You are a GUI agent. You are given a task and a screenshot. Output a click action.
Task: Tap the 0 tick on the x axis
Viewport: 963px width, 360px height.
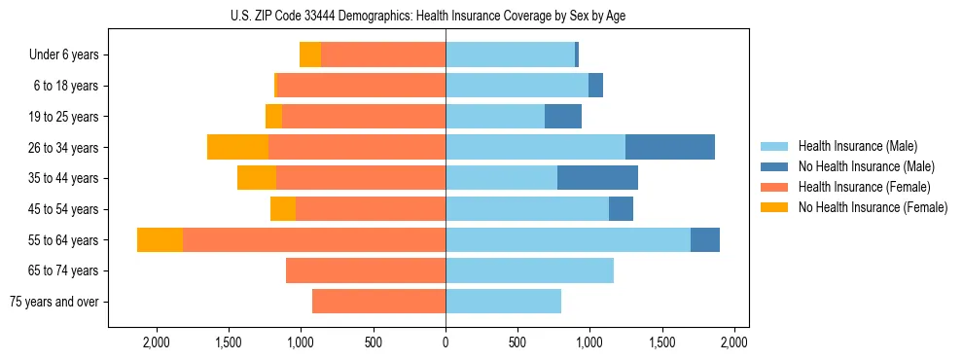tap(446, 342)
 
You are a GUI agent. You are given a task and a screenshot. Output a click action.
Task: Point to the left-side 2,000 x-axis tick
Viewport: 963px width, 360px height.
tap(157, 342)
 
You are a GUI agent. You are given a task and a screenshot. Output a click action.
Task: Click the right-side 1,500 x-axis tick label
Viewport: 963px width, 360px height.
tap(661, 342)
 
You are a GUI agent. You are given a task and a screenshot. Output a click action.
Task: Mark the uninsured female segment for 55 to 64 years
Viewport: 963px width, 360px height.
tap(160, 240)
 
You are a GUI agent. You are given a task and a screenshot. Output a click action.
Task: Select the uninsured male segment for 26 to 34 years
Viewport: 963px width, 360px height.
tap(670, 148)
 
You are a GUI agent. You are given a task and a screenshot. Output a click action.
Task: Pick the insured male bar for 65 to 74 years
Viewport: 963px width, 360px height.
tap(529, 270)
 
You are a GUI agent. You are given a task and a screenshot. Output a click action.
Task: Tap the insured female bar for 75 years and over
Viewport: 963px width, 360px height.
tap(378, 302)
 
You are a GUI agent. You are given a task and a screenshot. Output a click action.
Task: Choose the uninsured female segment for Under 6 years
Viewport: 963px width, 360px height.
tap(310, 55)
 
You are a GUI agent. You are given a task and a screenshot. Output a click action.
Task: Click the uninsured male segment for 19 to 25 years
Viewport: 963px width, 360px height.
tap(563, 117)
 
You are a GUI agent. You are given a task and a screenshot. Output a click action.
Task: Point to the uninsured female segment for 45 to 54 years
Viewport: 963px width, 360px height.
tap(283, 209)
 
